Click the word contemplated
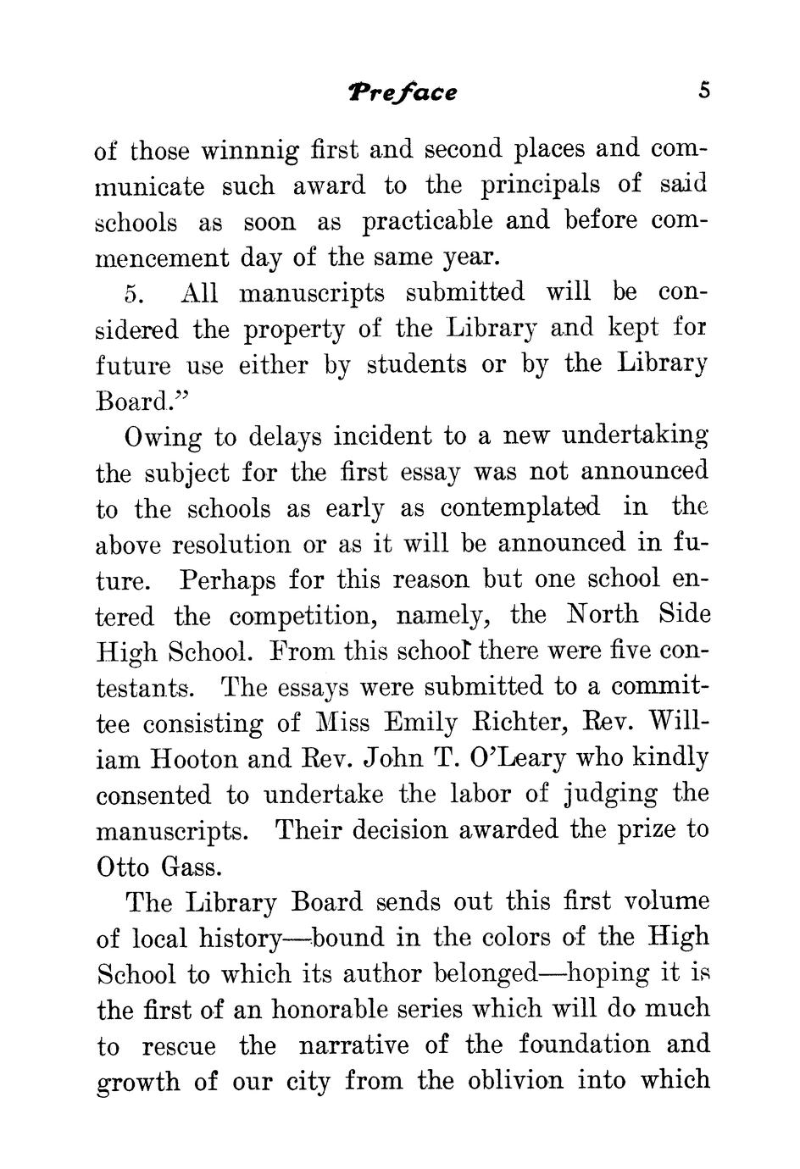(519, 508)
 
